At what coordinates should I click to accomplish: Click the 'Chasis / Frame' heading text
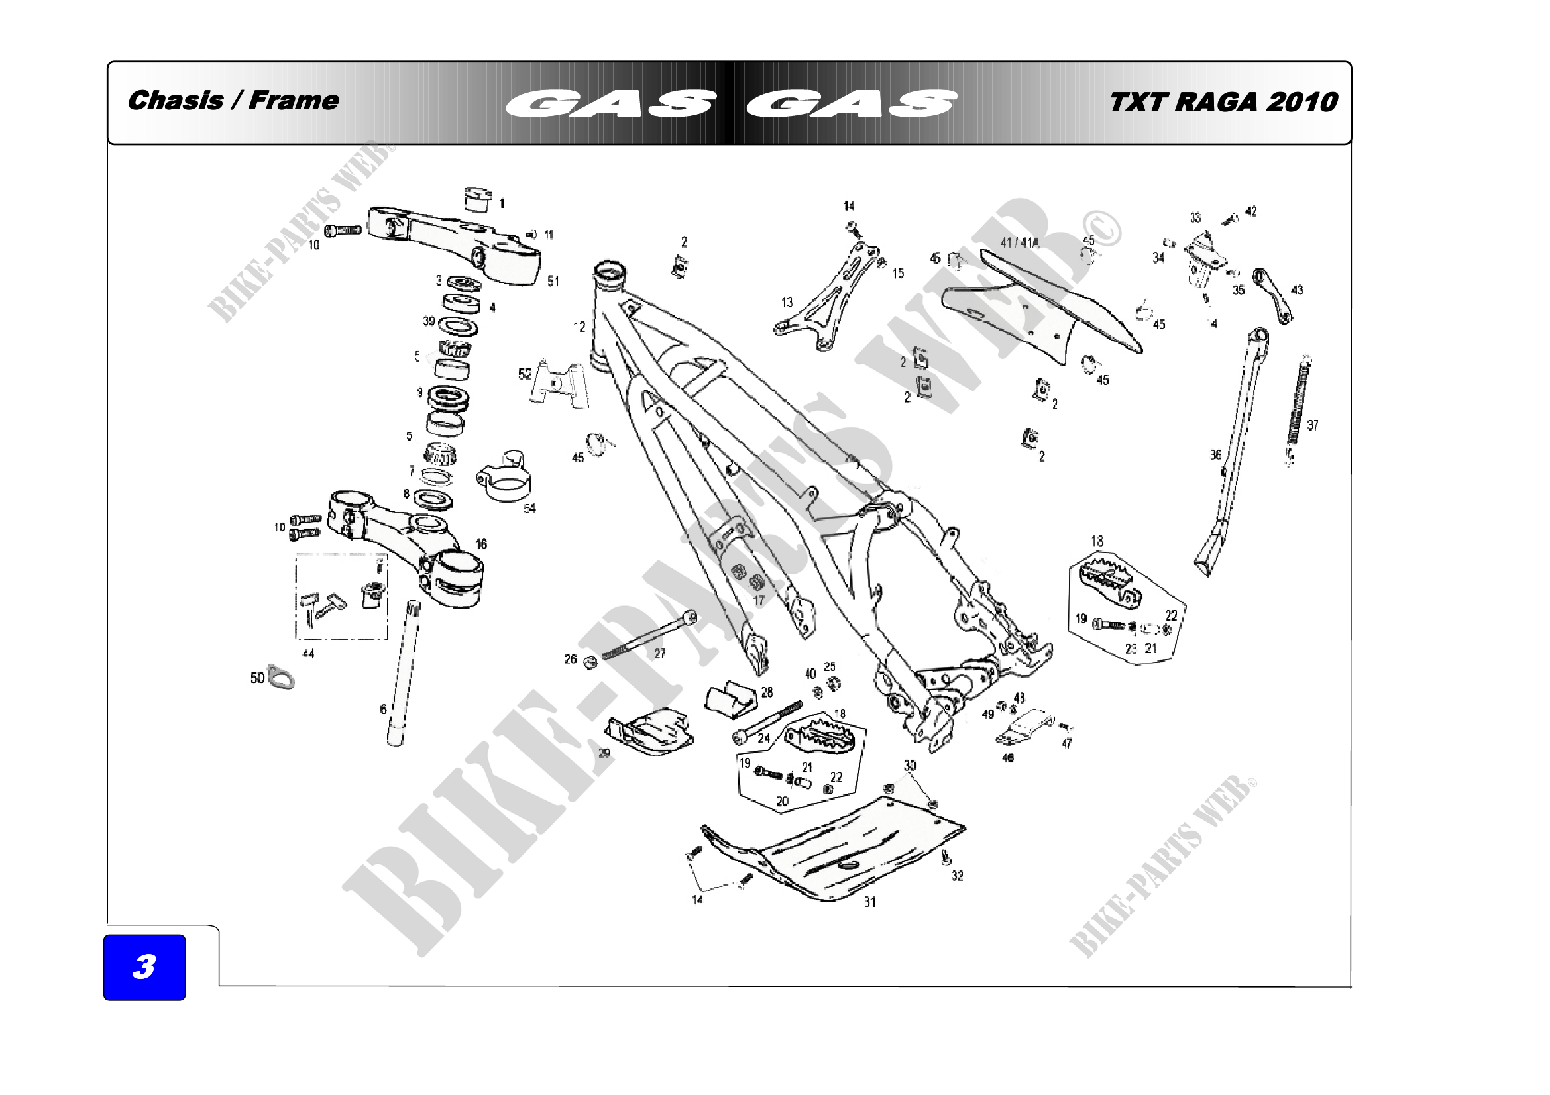(233, 101)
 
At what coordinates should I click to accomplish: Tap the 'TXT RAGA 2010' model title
(1223, 102)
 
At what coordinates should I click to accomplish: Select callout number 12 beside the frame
(579, 327)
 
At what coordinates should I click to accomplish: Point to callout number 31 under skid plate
(869, 902)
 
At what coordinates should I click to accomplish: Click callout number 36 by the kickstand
(1215, 454)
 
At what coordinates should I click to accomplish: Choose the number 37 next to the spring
(1312, 425)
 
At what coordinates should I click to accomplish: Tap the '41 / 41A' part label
(1019, 243)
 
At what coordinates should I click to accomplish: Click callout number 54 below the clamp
(529, 508)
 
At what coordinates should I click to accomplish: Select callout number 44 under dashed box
(308, 653)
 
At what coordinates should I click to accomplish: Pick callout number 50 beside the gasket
(257, 678)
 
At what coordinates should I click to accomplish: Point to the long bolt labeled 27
(648, 634)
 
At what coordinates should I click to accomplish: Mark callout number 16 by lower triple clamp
(480, 544)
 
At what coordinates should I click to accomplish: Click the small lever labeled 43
(1273, 295)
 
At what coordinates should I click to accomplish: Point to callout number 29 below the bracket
(604, 753)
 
